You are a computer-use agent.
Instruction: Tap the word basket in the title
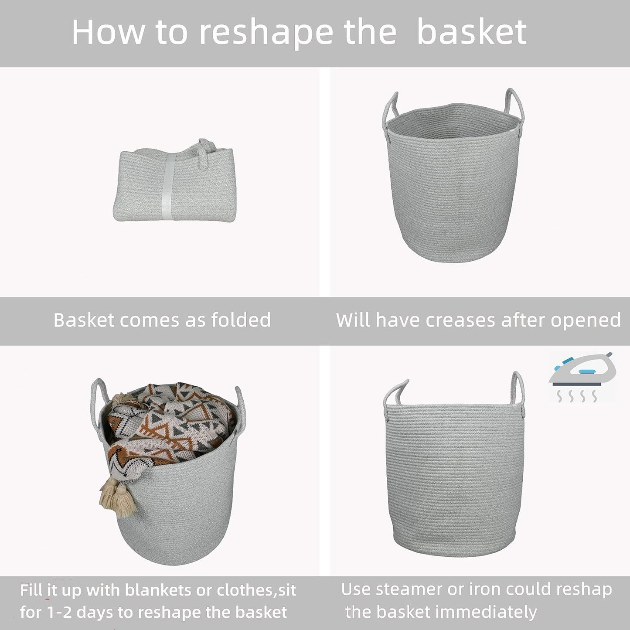click(x=472, y=33)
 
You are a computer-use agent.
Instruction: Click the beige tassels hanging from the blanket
click(x=117, y=497)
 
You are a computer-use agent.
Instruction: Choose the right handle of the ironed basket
click(x=518, y=388)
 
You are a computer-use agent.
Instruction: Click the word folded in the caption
click(x=241, y=320)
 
